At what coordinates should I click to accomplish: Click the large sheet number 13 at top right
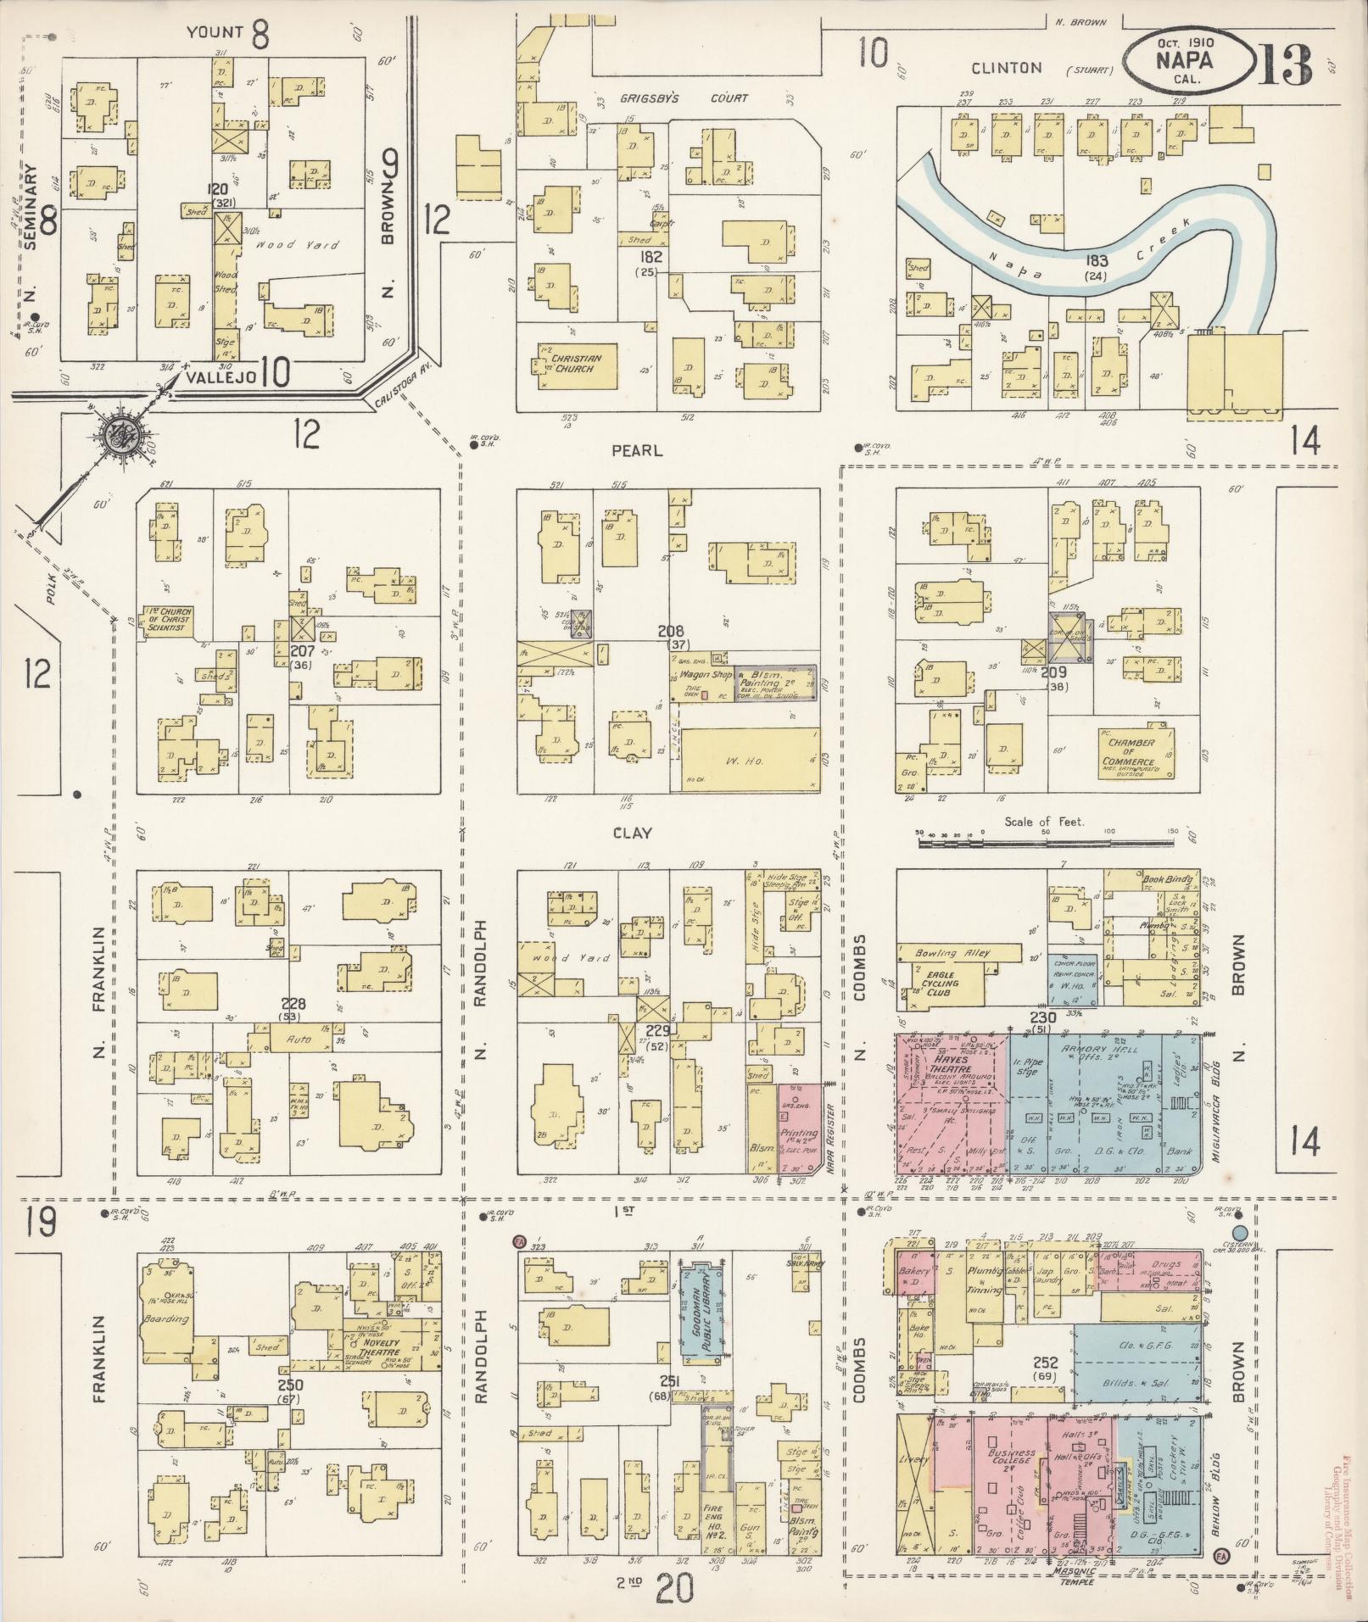click(x=1285, y=65)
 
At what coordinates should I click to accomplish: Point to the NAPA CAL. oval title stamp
click(x=1190, y=62)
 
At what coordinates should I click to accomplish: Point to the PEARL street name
click(x=638, y=451)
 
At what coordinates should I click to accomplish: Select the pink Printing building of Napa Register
click(x=799, y=1129)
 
